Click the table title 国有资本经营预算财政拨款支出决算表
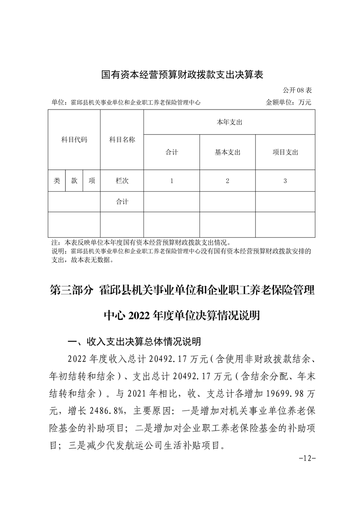click(x=182, y=74)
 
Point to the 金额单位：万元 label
click(x=289, y=103)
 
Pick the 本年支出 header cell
click(x=229, y=122)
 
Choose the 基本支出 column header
click(x=227, y=152)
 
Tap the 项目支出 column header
click(x=285, y=152)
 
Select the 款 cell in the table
click(x=74, y=181)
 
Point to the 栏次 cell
click(x=122, y=181)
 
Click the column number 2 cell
click(x=227, y=181)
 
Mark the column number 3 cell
click(x=285, y=181)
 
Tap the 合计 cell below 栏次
click(x=122, y=201)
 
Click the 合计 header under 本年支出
click(x=172, y=152)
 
